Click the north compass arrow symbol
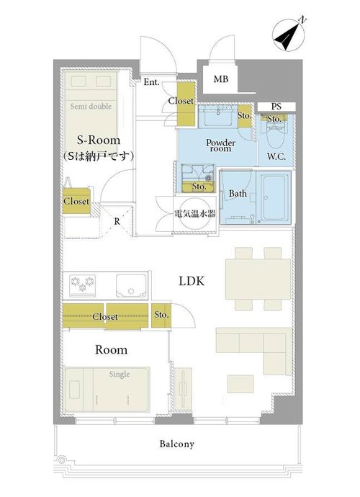tap(289, 34)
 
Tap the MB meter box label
tap(221, 79)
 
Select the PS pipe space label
tap(276, 107)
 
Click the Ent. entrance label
tap(151, 82)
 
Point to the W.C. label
tap(276, 156)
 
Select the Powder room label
tap(220, 145)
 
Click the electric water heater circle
tap(195, 213)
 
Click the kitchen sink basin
tap(131, 285)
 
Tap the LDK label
tap(192, 281)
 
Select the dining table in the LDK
tap(258, 279)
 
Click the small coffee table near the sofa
tap(240, 384)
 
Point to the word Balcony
tap(176, 444)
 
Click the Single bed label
tap(120, 375)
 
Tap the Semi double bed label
tap(91, 106)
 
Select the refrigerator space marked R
tap(117, 221)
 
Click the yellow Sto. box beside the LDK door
tap(161, 315)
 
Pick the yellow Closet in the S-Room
tap(76, 201)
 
